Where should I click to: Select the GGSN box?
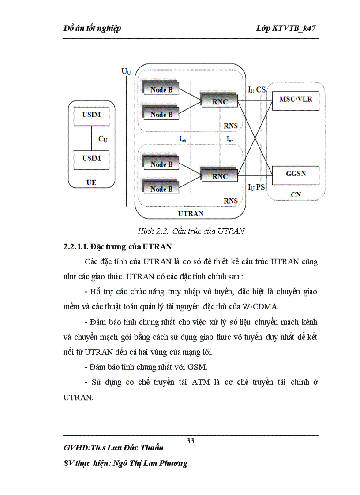(x=296, y=174)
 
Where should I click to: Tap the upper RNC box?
(x=219, y=102)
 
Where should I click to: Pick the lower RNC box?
(x=219, y=176)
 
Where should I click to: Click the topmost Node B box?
(x=161, y=89)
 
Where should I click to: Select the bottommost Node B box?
(x=161, y=189)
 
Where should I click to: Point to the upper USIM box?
(x=91, y=115)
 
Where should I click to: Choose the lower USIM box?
(x=91, y=158)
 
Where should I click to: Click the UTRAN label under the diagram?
(x=191, y=213)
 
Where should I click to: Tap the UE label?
(x=91, y=182)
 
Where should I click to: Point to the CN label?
(x=296, y=194)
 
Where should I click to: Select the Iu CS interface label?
(x=256, y=90)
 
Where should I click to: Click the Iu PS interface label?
(x=256, y=187)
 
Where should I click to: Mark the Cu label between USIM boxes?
(x=103, y=139)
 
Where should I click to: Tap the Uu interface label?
(x=126, y=71)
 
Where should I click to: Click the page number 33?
(x=191, y=441)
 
